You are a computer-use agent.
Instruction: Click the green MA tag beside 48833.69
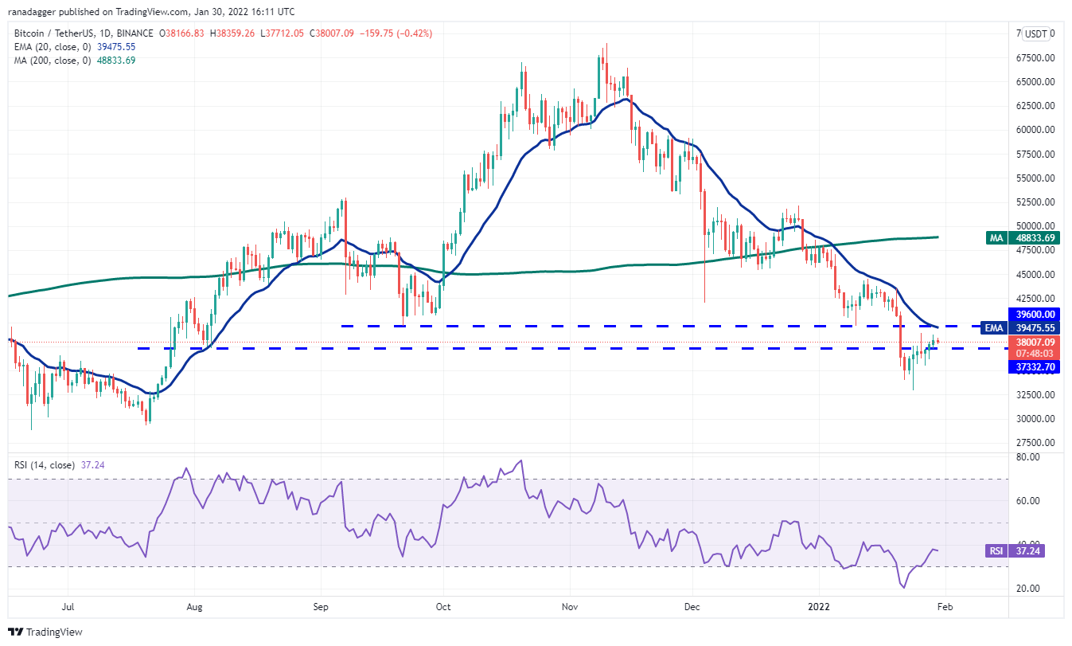click(996, 238)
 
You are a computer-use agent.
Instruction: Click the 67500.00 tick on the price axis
click(1035, 58)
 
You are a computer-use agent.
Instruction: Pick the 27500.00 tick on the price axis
click(1035, 442)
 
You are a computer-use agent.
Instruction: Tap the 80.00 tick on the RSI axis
click(1027, 457)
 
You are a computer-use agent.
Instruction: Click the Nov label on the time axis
click(570, 607)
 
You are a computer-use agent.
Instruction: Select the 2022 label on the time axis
click(819, 607)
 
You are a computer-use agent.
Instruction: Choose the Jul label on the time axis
click(68, 607)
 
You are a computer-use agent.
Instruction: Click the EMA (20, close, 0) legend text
click(53, 47)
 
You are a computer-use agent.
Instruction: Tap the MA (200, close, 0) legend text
click(53, 61)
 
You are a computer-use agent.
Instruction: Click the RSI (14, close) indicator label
click(45, 465)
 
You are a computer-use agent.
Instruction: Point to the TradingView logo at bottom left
click(45, 632)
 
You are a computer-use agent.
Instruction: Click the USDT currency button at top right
click(1036, 33)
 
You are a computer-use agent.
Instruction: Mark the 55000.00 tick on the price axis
click(1035, 178)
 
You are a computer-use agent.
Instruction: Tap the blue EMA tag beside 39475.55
click(994, 328)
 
